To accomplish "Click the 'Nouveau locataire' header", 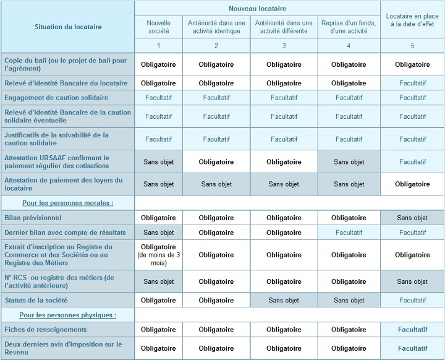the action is (x=257, y=9).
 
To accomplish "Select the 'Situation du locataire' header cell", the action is (x=68, y=27).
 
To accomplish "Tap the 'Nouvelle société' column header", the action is (x=159, y=27).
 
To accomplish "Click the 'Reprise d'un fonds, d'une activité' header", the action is (x=349, y=27).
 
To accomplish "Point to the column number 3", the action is (x=284, y=45).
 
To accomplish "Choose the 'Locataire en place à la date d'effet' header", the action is (x=412, y=20).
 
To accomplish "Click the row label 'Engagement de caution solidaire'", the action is (x=56, y=98).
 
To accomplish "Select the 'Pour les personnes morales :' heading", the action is (x=68, y=203).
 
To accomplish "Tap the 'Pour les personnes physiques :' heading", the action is (x=68, y=315).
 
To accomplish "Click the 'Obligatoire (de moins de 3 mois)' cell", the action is (x=158, y=255).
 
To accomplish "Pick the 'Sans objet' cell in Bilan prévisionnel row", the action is (x=412, y=218).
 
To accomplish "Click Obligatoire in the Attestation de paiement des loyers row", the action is (x=412, y=184).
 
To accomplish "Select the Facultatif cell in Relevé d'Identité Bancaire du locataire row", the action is (x=413, y=84).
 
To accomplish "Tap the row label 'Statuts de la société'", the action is (x=36, y=301).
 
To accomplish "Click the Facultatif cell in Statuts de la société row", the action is (x=413, y=301).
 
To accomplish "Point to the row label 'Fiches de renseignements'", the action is (x=45, y=330).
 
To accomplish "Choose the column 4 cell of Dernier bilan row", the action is (x=349, y=233).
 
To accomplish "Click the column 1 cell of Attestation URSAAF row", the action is (x=159, y=162).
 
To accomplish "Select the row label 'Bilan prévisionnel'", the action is (x=33, y=218).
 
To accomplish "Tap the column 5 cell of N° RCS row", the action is (x=412, y=281).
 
